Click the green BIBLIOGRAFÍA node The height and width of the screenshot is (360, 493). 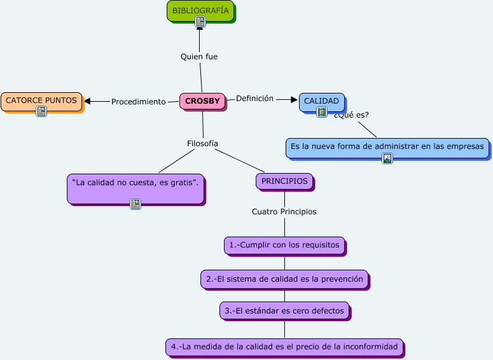point(200,11)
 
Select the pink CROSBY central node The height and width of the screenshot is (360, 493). point(202,101)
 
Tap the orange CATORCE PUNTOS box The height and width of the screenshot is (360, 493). point(41,102)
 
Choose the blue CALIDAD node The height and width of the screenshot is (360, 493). point(322,102)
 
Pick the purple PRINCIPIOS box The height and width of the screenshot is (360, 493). point(284,181)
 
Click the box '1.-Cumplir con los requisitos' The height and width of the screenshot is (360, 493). point(284,246)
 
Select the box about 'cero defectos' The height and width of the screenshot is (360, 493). point(284,311)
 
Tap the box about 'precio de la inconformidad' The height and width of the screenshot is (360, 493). point(284,347)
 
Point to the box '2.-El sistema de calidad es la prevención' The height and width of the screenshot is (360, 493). point(285,279)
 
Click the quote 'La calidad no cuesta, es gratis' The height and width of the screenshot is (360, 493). point(136,190)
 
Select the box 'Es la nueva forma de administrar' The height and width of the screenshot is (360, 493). point(387,148)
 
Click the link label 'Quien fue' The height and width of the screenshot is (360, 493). point(199,57)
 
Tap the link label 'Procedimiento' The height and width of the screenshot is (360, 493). point(138,102)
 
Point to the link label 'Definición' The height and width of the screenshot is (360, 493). point(254,99)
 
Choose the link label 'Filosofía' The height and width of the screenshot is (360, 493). point(202,143)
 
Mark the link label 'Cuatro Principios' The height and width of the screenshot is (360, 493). point(284,212)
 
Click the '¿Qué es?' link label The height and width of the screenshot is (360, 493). point(351,115)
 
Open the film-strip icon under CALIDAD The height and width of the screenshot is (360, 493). point(322,111)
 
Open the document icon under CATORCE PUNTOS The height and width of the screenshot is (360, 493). point(41,111)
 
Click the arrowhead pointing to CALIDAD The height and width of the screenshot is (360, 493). point(295,100)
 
